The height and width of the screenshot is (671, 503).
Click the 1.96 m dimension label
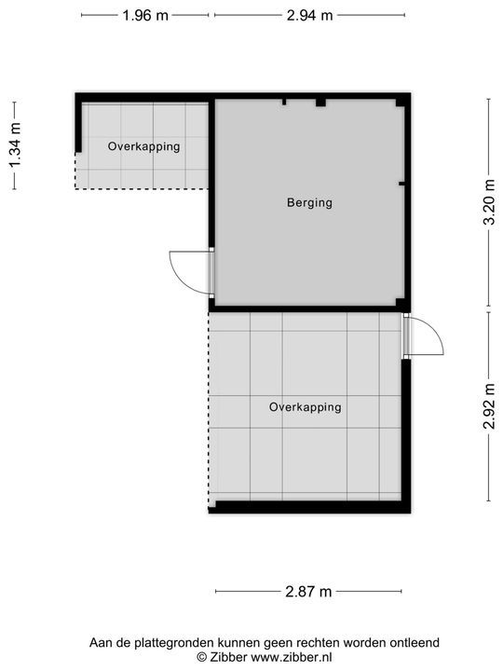tap(144, 15)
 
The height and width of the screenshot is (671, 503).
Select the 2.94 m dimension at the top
tap(309, 15)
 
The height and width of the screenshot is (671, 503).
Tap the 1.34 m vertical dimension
tap(14, 146)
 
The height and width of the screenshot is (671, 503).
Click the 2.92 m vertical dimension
tap(489, 406)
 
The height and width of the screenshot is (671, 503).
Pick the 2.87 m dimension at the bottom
tap(309, 591)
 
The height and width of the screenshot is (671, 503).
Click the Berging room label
tap(309, 202)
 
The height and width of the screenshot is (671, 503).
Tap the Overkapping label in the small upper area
tap(143, 146)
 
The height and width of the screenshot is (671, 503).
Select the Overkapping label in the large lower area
tap(305, 407)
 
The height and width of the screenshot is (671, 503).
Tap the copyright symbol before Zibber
tap(201, 657)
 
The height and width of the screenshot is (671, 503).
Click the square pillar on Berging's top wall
tap(319, 103)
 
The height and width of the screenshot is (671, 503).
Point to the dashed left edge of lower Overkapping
tap(209, 410)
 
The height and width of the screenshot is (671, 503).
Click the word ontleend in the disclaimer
tap(414, 642)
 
